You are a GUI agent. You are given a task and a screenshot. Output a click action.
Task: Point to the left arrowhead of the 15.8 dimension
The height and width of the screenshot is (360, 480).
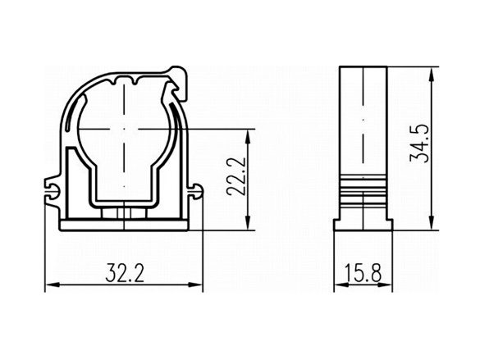tap(338, 285)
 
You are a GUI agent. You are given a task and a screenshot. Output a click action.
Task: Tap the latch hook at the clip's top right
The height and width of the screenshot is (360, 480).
tap(179, 75)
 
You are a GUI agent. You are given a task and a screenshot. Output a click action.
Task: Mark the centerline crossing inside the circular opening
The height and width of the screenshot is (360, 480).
tap(122, 130)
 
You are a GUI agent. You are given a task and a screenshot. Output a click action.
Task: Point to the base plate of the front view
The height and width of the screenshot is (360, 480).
tap(122, 226)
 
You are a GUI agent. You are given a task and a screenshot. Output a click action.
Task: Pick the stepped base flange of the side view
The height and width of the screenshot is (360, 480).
tap(361, 224)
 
